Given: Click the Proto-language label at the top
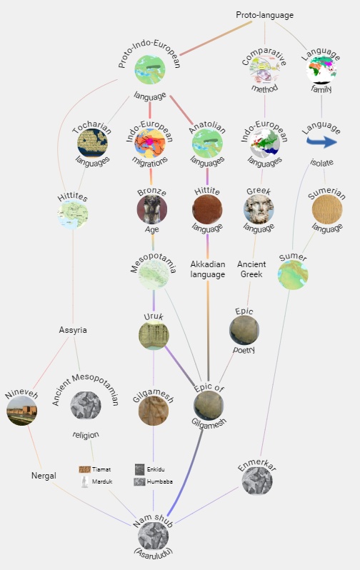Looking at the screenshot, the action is [265, 15].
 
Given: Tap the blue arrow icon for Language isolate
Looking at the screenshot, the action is [321, 141].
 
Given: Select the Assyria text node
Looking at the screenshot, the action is [73, 330].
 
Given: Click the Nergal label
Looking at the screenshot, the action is [44, 476].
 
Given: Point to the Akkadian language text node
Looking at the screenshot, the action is [208, 269].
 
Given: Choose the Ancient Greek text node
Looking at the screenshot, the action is [251, 269].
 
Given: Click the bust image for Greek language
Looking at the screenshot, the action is [259, 209].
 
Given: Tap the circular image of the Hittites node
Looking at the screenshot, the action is [73, 214].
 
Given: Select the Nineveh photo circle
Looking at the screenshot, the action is [22, 411].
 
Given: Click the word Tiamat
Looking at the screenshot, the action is [101, 469].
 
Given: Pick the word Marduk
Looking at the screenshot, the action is [102, 481].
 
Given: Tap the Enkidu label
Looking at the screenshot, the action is [156, 469].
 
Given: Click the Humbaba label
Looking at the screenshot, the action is [159, 481].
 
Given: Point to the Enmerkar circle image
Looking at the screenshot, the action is [257, 480].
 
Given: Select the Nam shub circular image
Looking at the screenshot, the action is [153, 536].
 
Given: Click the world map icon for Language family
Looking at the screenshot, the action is [321, 69].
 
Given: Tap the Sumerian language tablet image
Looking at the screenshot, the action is [327, 209].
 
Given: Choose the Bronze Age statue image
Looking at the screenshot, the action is [152, 209].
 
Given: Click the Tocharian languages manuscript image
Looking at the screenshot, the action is [92, 143].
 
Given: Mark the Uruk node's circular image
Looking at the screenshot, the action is [154, 335].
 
